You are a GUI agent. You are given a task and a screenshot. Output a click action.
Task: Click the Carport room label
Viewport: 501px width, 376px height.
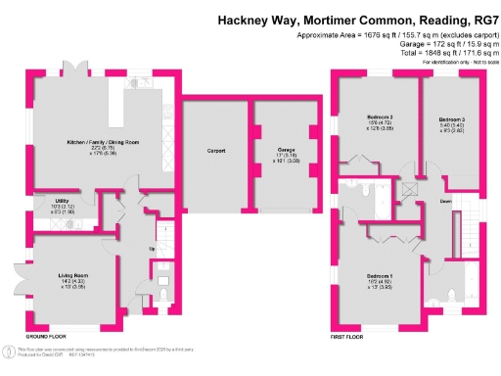[x=216, y=151]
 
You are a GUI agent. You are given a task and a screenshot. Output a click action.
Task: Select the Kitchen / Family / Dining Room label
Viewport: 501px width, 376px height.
[x=103, y=143]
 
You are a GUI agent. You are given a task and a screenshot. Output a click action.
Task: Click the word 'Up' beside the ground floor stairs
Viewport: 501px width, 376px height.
[x=151, y=249]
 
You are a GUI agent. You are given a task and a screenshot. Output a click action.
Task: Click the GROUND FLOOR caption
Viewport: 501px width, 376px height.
[x=45, y=335]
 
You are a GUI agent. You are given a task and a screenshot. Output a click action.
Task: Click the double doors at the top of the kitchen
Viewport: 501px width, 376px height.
[x=73, y=70]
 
